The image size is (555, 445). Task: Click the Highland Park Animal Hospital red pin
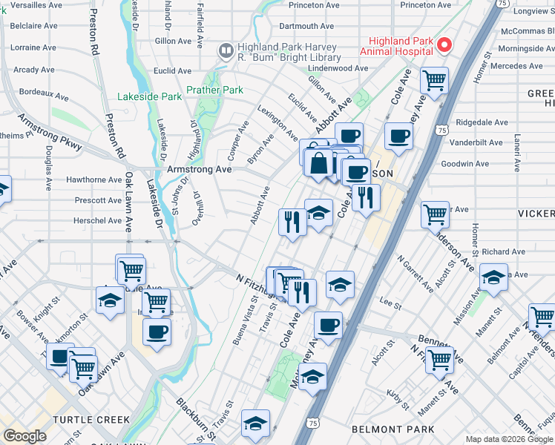[x=444, y=44]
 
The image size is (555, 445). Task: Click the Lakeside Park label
[x=149, y=96]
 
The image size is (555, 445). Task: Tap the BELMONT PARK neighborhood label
[x=393, y=429]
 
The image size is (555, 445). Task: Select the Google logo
[x=24, y=435]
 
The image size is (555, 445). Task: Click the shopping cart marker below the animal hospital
[x=433, y=80]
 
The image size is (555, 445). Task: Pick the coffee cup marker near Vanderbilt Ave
[x=398, y=136]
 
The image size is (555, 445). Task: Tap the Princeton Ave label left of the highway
[x=318, y=5]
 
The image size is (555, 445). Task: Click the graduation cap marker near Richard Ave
[x=493, y=277]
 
